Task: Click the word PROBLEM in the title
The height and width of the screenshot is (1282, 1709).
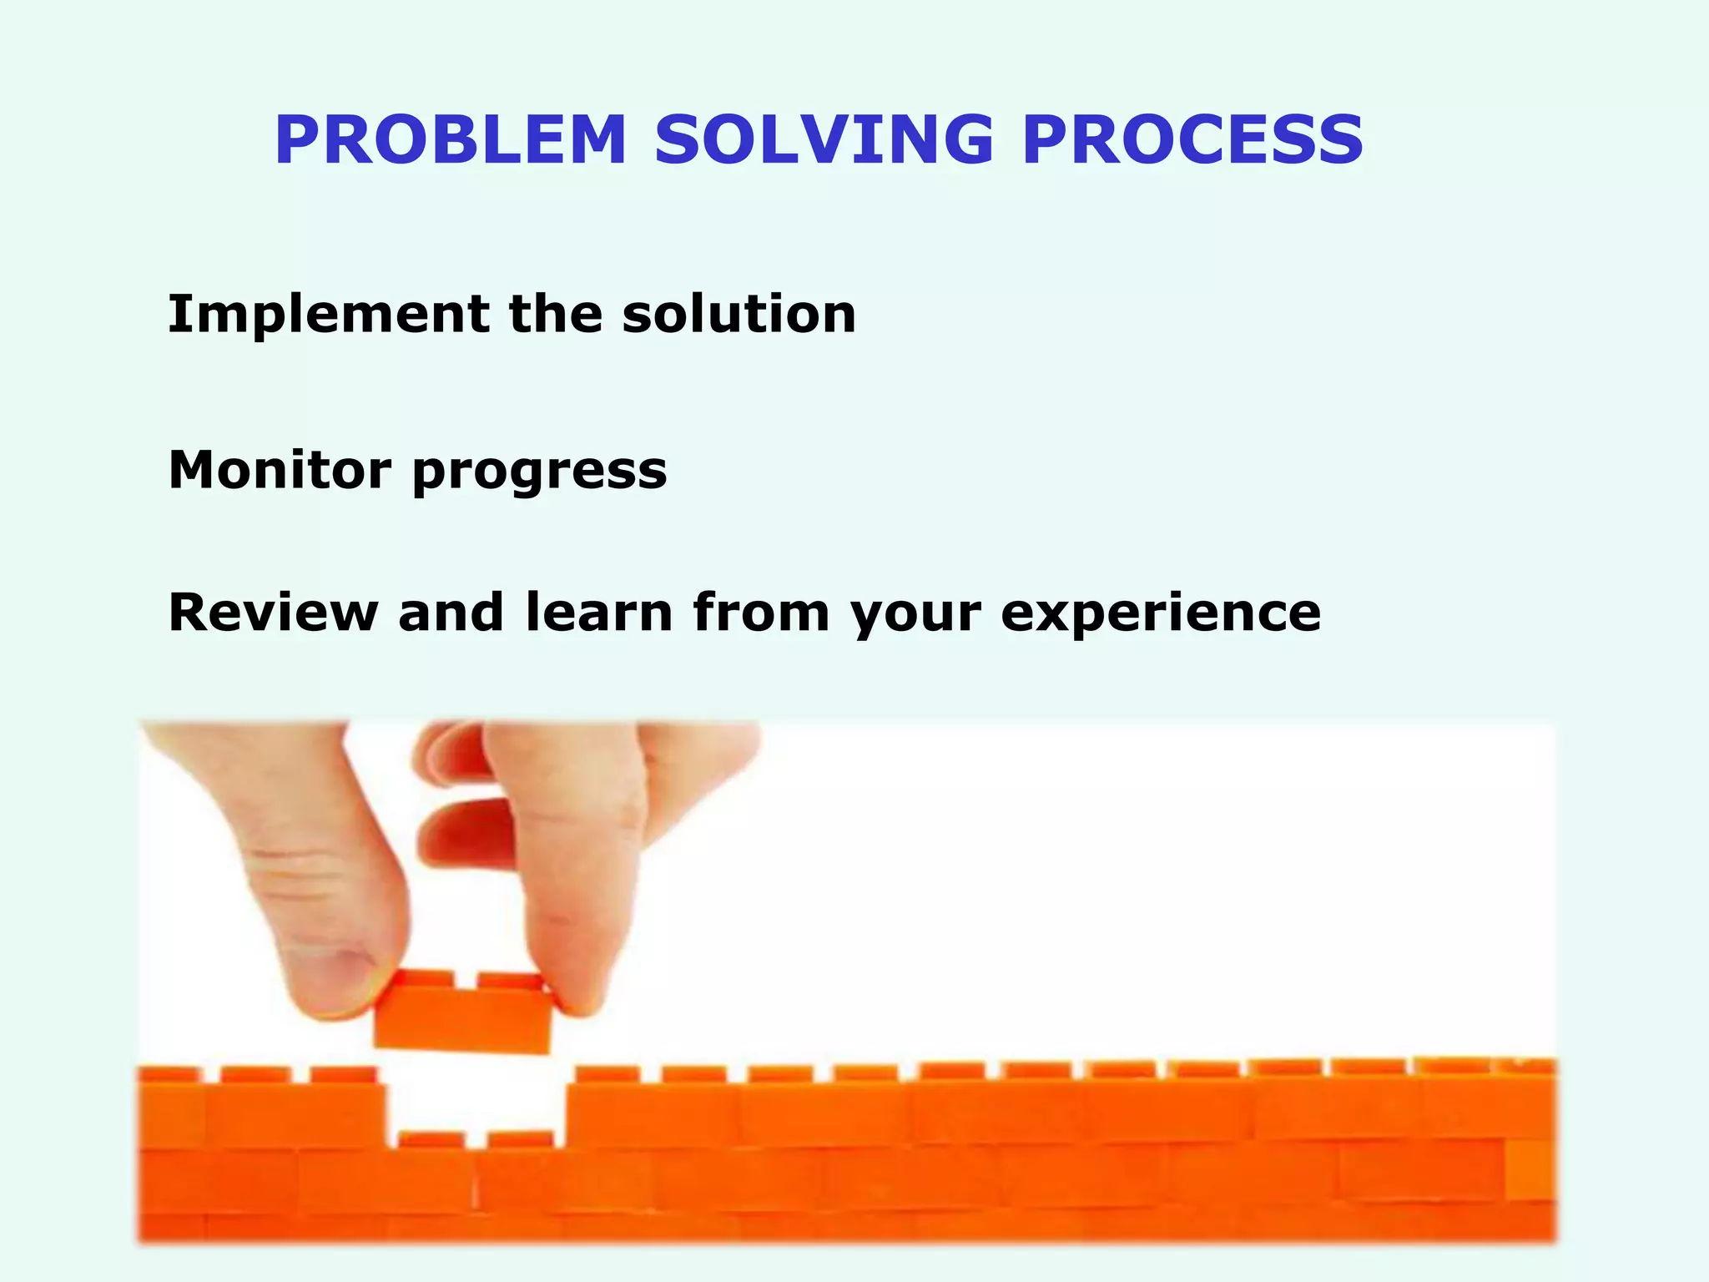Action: click(451, 140)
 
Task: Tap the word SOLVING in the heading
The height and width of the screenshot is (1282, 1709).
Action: click(824, 140)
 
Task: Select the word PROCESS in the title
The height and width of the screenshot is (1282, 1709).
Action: click(1193, 140)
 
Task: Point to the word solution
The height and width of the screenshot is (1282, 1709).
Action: click(739, 315)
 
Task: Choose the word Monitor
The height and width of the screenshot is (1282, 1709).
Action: click(280, 469)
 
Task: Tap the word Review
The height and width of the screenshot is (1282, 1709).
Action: click(273, 613)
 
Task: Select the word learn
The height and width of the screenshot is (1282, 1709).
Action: click(599, 613)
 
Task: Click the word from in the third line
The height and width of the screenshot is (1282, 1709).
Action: click(761, 613)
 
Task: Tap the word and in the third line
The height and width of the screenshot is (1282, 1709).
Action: click(451, 613)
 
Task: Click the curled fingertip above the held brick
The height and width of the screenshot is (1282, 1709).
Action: click(463, 830)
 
